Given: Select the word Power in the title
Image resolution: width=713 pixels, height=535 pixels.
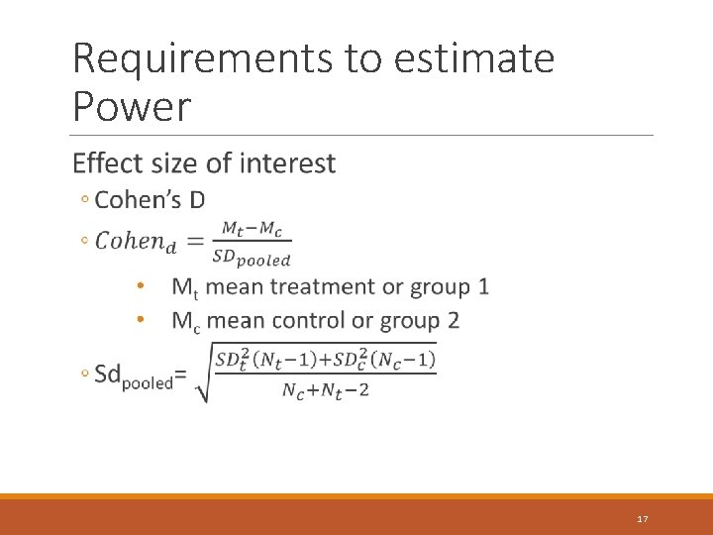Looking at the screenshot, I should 132,106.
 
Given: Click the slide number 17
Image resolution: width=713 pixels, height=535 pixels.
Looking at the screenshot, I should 643,519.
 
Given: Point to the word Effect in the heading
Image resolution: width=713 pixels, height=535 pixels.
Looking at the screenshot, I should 108,162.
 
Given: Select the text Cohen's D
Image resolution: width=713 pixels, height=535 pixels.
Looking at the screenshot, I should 150,200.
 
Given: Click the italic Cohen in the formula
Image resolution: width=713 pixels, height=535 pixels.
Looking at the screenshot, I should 130,241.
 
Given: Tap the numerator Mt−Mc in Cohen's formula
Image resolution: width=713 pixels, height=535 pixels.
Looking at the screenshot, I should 251,229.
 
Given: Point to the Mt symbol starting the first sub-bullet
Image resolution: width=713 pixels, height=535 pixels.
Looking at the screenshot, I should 184,288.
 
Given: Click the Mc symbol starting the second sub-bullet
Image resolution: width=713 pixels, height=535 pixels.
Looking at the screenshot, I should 185,322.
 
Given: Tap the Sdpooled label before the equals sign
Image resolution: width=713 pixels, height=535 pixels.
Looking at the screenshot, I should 134,375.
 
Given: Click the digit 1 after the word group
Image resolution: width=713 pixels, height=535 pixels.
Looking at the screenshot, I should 482,287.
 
